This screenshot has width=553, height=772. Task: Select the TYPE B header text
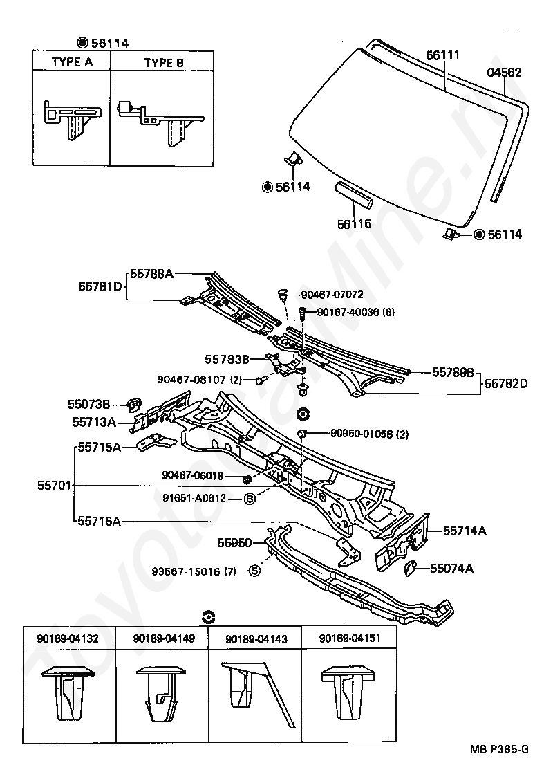click(x=164, y=62)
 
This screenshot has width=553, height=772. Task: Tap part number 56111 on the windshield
click(x=443, y=55)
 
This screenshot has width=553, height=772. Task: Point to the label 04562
click(x=505, y=73)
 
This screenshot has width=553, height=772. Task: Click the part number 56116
click(x=354, y=224)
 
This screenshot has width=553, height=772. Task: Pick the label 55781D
click(x=100, y=286)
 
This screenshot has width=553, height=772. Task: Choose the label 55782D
click(x=506, y=383)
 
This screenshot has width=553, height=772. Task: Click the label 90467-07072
click(x=332, y=295)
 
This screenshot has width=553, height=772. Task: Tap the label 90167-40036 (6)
click(x=356, y=312)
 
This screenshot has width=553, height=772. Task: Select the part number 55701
click(x=54, y=486)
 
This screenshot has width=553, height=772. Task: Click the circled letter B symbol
click(x=250, y=499)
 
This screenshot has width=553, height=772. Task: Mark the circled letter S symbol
click(x=254, y=571)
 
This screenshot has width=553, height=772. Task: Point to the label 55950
click(x=235, y=542)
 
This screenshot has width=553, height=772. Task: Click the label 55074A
click(x=451, y=569)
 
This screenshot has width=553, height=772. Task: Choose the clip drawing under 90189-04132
click(x=68, y=695)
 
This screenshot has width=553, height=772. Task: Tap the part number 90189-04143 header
click(x=256, y=639)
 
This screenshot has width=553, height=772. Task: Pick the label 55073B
click(x=89, y=404)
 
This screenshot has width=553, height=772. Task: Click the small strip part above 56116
click(x=354, y=196)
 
